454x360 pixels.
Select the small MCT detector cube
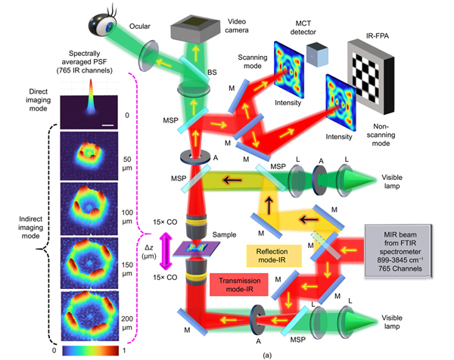[x=317, y=54]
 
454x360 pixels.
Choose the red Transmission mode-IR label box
[x=239, y=285]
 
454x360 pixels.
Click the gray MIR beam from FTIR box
[x=399, y=251]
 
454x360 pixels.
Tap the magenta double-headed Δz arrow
[x=166, y=251]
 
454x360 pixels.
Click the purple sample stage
[x=196, y=249]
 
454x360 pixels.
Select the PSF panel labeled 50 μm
[x=89, y=157]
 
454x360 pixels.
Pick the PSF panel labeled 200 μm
[x=90, y=316]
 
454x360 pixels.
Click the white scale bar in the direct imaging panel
[x=107, y=126]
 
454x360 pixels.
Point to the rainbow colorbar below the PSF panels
[x=91, y=350]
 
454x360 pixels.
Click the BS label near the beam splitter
[x=212, y=72]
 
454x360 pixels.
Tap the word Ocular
[x=139, y=26]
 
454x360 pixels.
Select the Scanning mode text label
[x=253, y=62]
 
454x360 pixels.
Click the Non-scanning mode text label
[x=381, y=135]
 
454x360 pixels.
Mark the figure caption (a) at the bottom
[x=267, y=355]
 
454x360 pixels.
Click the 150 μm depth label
[x=127, y=269]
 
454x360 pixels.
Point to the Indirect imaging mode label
[x=31, y=228]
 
